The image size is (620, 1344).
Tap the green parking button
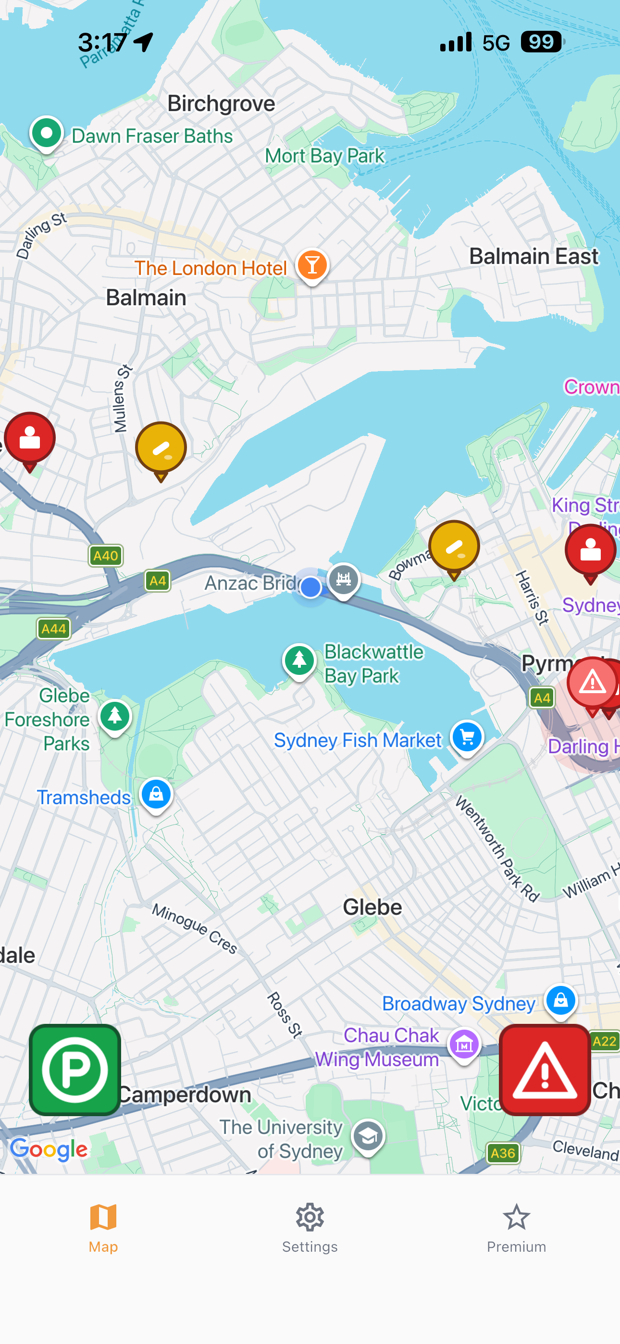pyautogui.click(x=74, y=1069)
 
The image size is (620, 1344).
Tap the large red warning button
pyautogui.click(x=545, y=1069)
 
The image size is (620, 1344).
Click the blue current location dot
pyautogui.click(x=310, y=587)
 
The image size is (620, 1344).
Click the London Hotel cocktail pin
pyautogui.click(x=312, y=265)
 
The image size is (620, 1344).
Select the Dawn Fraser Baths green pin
pyautogui.click(x=47, y=133)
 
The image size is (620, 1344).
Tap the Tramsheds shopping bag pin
pyautogui.click(x=156, y=795)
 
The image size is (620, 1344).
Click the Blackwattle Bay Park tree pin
pyautogui.click(x=299, y=660)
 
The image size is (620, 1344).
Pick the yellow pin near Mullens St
pyautogui.click(x=161, y=448)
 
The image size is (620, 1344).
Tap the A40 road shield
pyautogui.click(x=105, y=556)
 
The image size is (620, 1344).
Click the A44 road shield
pyautogui.click(x=53, y=629)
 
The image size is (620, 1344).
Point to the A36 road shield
pyautogui.click(x=503, y=1153)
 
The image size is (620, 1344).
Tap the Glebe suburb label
pyautogui.click(x=372, y=908)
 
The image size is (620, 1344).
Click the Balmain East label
pyautogui.click(x=533, y=257)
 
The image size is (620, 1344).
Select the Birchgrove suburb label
pyautogui.click(x=221, y=103)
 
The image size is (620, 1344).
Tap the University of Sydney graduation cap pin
pyautogui.click(x=368, y=1136)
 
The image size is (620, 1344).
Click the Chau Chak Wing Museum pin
pyautogui.click(x=464, y=1044)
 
